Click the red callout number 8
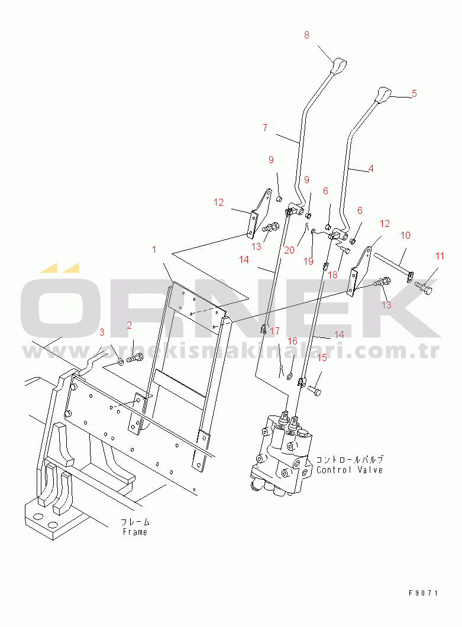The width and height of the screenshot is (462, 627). [306, 35]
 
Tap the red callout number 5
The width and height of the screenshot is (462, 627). [414, 93]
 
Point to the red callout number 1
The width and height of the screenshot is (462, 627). [154, 249]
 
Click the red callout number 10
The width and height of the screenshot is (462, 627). [406, 235]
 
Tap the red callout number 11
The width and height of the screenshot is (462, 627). [440, 256]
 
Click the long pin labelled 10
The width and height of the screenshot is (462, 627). [394, 266]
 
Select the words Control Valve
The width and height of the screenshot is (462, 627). [350, 470]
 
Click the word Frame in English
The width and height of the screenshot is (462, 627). [135, 532]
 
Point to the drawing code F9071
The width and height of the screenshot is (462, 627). [424, 593]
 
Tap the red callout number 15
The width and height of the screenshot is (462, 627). [322, 358]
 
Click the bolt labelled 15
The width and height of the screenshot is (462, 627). [314, 390]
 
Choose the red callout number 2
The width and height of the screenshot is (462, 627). [130, 325]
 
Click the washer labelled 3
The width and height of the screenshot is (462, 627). [121, 362]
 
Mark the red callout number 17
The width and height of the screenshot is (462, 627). [274, 331]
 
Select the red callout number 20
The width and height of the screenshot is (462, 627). [289, 251]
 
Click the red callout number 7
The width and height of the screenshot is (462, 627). [265, 128]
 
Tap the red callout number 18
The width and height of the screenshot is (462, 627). [332, 275]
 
